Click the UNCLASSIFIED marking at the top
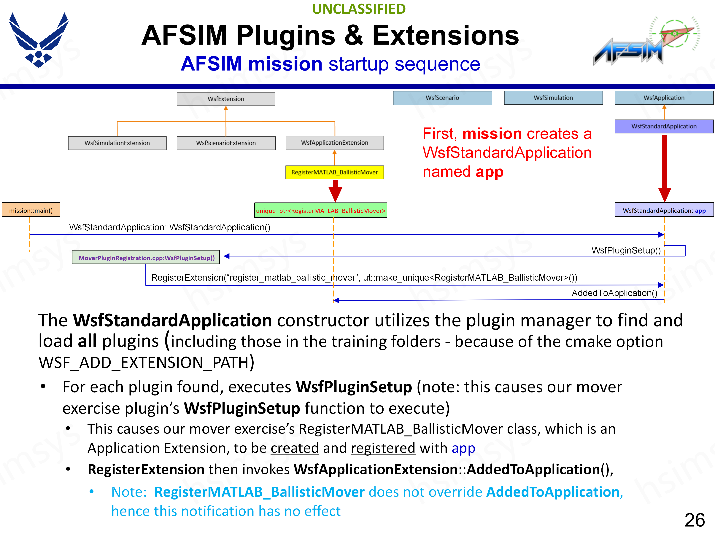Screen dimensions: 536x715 359,9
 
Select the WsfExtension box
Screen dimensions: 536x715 226,99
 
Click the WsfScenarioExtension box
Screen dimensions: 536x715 226,143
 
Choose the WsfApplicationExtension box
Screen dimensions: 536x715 335,143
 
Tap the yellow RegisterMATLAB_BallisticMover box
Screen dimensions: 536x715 335,172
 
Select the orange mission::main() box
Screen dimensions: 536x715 31,210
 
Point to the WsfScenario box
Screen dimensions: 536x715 442,98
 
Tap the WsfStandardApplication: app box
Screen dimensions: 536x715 664,210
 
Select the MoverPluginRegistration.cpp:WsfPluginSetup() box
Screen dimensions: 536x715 146,258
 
